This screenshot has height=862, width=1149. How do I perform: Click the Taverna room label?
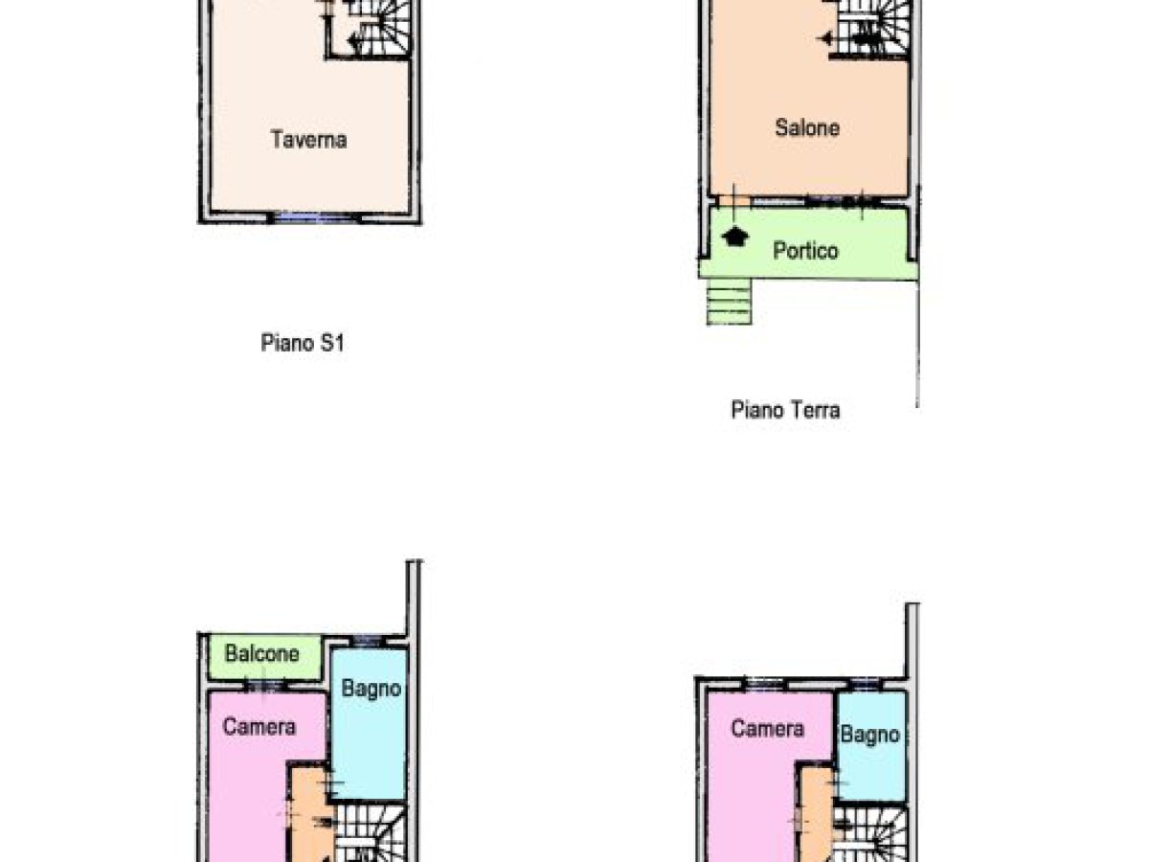[x=308, y=140]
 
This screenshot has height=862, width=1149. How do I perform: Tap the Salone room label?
[x=807, y=127]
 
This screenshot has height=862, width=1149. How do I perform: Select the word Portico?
[x=805, y=251]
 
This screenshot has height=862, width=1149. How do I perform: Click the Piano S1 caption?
[x=302, y=343]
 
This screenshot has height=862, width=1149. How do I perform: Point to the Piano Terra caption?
[x=785, y=411]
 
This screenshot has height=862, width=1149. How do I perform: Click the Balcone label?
[x=261, y=654]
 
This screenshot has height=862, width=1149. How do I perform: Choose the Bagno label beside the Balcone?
[x=371, y=688]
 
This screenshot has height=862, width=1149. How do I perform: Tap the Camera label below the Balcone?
[x=259, y=727]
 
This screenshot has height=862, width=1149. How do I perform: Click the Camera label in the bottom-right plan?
[x=767, y=729]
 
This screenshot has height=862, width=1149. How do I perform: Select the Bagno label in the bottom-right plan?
[x=869, y=735]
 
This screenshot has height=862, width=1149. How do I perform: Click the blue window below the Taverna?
[x=311, y=217]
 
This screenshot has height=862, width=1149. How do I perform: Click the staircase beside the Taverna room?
[x=380, y=29]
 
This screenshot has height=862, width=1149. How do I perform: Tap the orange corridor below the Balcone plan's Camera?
[x=308, y=814]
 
